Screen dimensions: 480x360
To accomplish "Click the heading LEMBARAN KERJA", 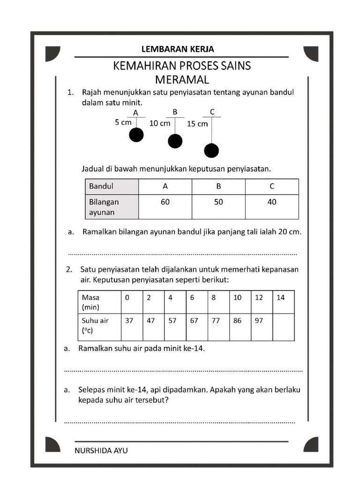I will [178, 49].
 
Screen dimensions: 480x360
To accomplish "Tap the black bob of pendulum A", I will [136, 135].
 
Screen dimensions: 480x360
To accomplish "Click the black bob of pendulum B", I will [175, 141].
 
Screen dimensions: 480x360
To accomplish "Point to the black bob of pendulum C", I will [211, 150].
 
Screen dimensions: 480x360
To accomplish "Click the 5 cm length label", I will [123, 122].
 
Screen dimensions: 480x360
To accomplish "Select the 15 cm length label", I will [197, 124].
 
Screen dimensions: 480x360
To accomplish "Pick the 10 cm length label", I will [160, 124].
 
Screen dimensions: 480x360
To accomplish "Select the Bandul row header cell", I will [112, 186].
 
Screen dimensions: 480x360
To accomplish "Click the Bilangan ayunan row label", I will [112, 207].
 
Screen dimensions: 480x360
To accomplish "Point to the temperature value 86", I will [238, 321].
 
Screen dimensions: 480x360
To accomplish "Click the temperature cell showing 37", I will [129, 321].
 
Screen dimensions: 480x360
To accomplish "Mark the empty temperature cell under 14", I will [284, 327].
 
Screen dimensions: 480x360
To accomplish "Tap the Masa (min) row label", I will [99, 302].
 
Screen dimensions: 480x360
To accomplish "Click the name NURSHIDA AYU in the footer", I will [101, 450].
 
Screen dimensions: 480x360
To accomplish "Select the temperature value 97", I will [259, 321].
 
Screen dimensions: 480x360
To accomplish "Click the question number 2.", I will [69, 270].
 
